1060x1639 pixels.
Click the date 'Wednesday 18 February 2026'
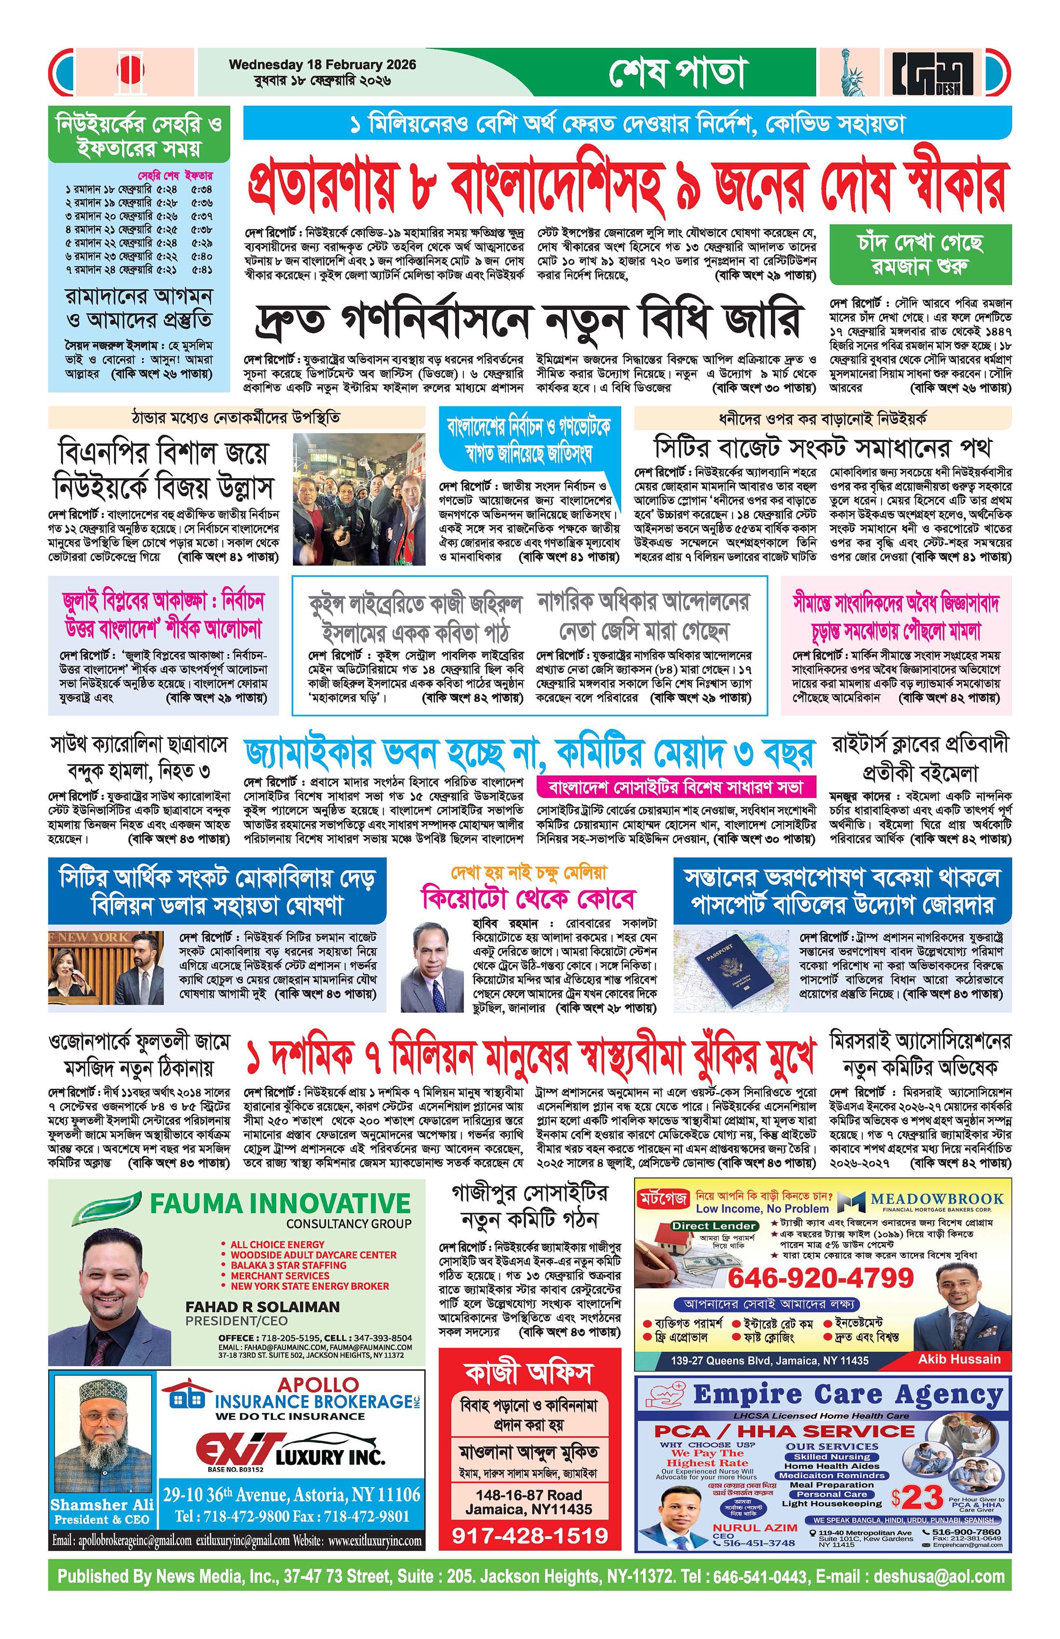(x=322, y=65)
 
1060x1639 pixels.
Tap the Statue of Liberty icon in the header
(x=853, y=72)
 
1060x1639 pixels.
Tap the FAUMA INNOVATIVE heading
(x=280, y=1203)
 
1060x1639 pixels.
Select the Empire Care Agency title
(x=848, y=1395)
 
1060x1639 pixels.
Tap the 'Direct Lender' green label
(x=713, y=1226)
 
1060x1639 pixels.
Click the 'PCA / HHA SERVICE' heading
(x=784, y=1431)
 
